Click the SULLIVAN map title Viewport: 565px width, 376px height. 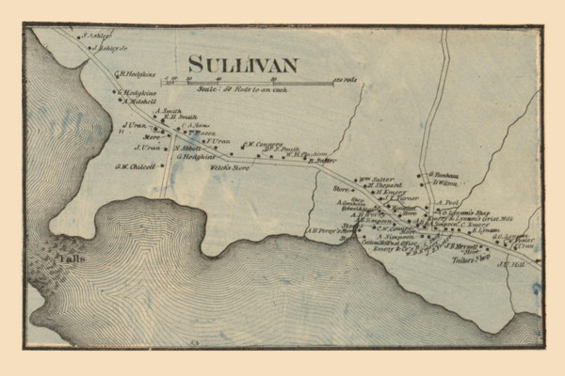pyautogui.click(x=242, y=64)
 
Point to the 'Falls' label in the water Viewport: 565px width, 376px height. pyautogui.click(x=67, y=256)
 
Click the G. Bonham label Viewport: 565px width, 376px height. pyautogui.click(x=444, y=174)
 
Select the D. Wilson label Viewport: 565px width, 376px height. pyautogui.click(x=444, y=183)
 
